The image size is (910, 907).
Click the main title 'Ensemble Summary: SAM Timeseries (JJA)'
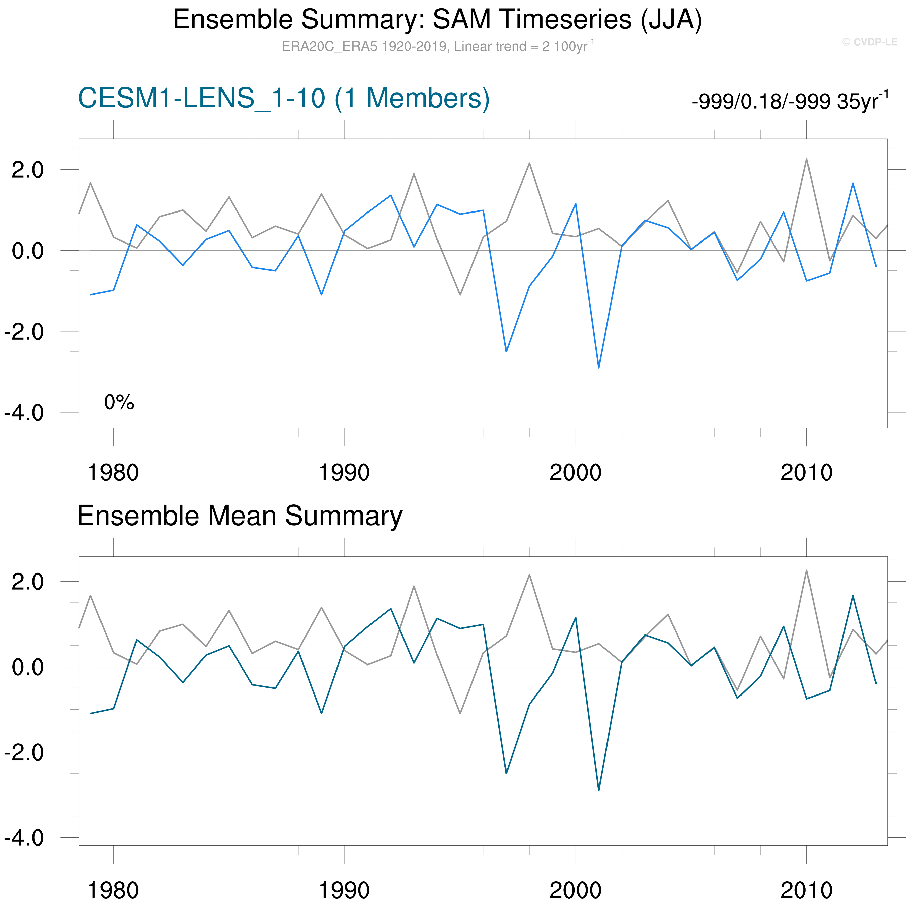tap(437, 20)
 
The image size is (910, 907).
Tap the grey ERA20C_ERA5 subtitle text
tap(437, 46)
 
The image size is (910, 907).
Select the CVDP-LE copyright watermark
tap(869, 42)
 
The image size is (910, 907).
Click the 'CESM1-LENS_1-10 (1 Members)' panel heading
tap(284, 99)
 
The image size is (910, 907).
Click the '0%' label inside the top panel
tap(119, 402)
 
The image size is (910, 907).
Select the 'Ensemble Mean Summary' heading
tap(240, 516)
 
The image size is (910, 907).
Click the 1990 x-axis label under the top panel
tap(344, 472)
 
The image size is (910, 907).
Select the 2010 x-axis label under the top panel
tap(806, 472)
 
